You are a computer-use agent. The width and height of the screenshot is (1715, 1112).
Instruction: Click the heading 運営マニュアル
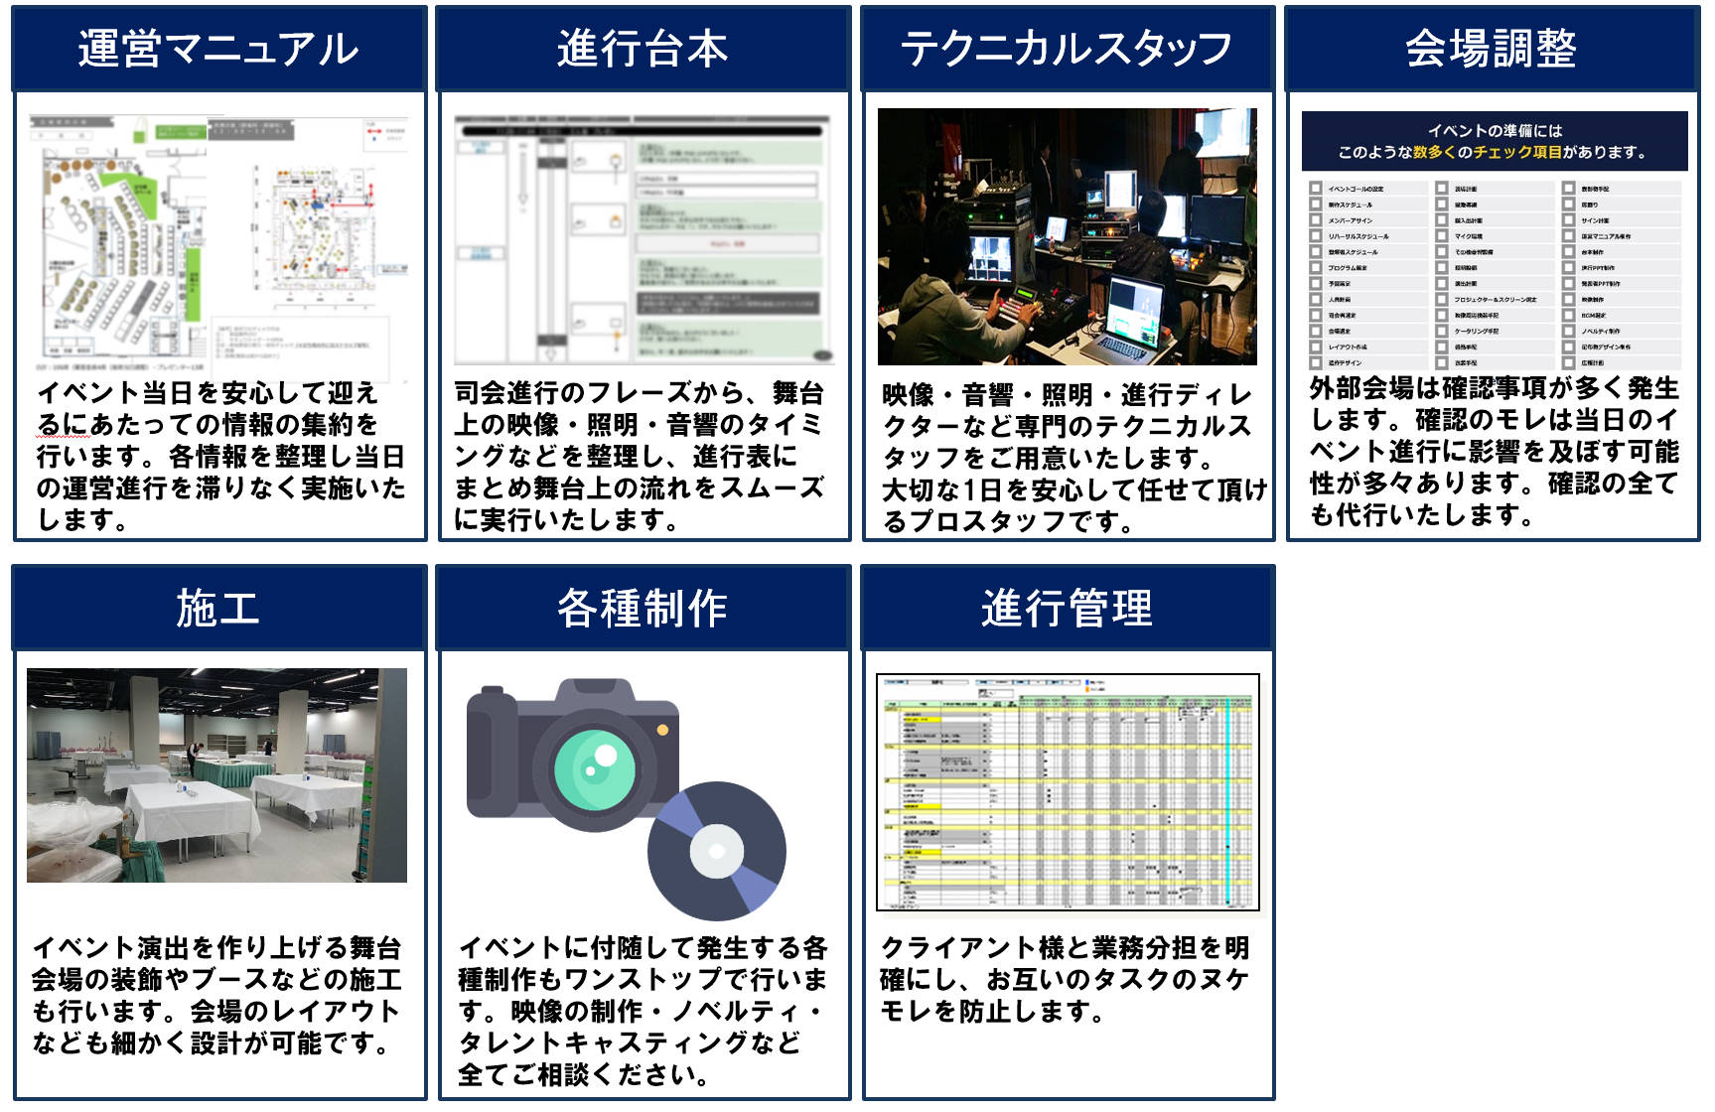click(217, 49)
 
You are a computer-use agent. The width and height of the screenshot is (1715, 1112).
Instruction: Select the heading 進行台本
click(643, 49)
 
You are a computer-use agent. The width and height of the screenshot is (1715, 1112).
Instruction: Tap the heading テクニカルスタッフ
click(1067, 49)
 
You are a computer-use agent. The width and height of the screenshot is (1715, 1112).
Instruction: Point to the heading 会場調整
click(1491, 49)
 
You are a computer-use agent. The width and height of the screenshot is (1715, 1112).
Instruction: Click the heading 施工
click(217, 608)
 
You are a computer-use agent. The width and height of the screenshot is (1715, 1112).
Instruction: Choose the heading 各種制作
click(643, 608)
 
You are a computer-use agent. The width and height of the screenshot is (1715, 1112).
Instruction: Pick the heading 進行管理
click(1067, 608)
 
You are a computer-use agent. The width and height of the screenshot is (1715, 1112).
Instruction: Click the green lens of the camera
click(594, 768)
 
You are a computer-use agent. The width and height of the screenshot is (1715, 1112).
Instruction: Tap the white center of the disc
click(716, 851)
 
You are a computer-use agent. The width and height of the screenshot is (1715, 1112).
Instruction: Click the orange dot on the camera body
click(662, 730)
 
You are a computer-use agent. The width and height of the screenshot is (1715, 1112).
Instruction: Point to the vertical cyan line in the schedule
click(1228, 794)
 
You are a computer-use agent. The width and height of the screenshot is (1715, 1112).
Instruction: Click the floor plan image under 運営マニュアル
click(218, 238)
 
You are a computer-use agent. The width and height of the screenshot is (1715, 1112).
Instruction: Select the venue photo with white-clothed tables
click(216, 774)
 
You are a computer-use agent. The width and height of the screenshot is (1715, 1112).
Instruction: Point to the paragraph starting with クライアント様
click(1065, 979)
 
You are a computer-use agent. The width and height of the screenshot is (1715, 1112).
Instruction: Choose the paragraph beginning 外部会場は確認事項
click(1493, 452)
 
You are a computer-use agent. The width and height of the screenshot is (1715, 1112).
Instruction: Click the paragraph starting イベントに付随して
click(643, 1011)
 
